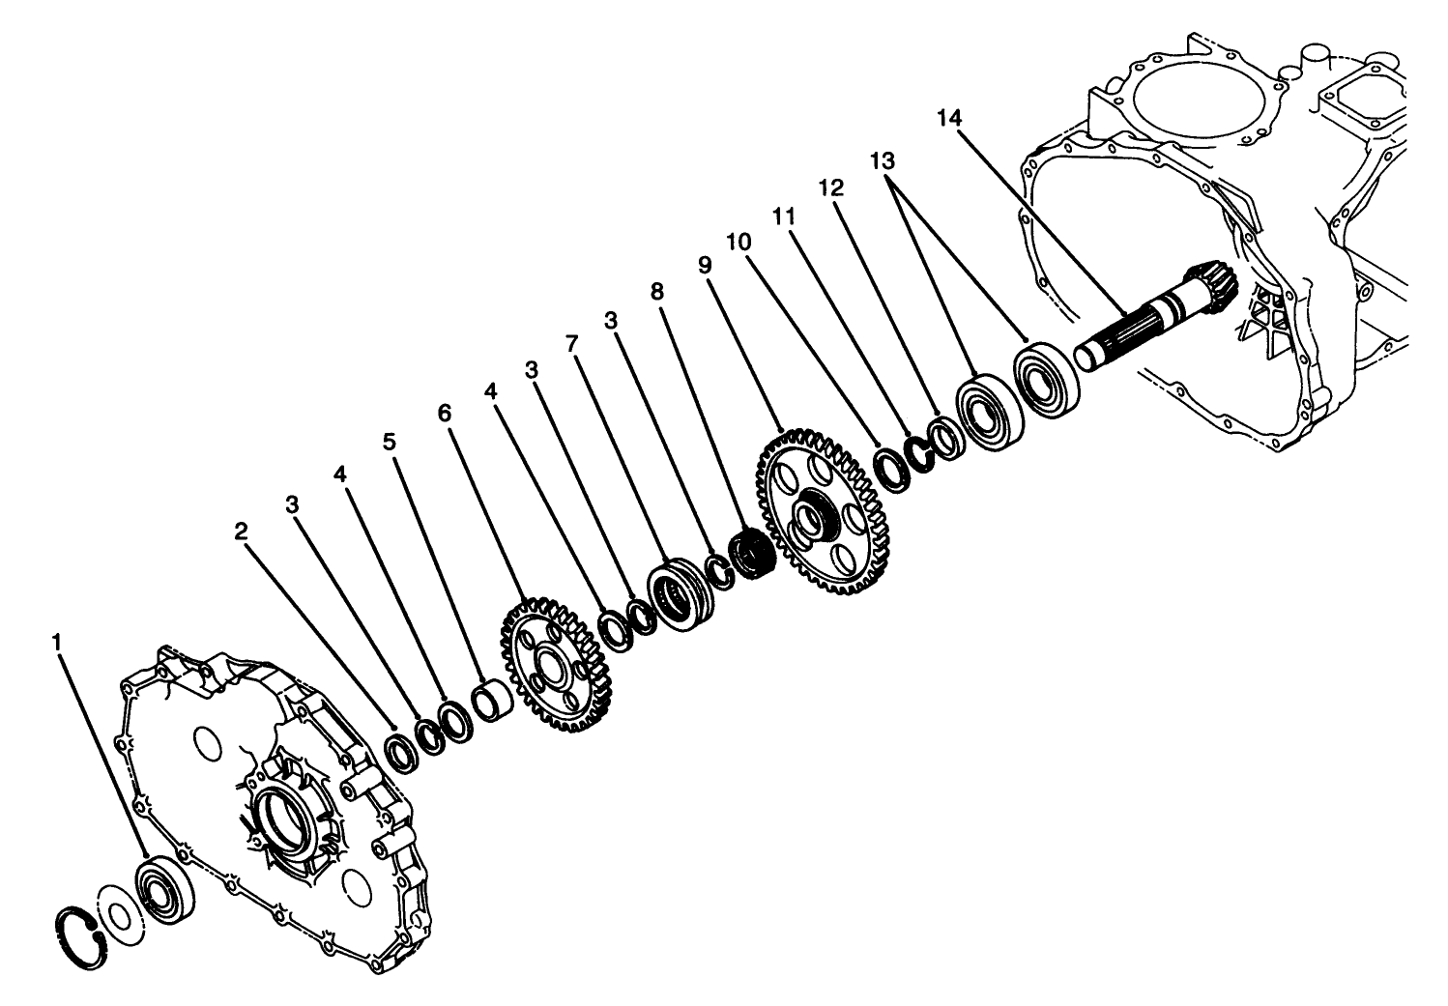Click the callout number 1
(59, 642)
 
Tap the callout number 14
(949, 118)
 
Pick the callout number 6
(444, 413)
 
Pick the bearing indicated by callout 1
(165, 884)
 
